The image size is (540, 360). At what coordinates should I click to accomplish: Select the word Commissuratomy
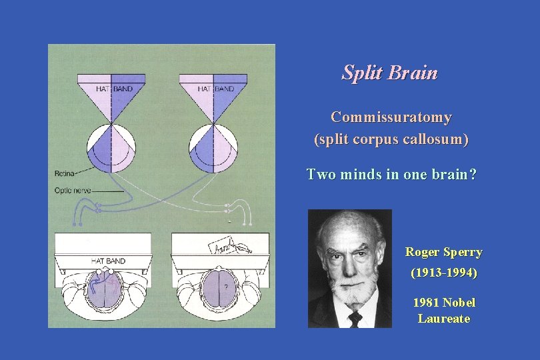click(x=391, y=117)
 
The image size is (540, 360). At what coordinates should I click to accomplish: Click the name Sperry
click(x=463, y=253)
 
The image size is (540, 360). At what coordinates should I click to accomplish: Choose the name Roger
click(x=423, y=253)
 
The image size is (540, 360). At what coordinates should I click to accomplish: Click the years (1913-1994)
click(x=444, y=273)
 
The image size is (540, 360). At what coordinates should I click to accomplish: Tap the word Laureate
click(x=444, y=319)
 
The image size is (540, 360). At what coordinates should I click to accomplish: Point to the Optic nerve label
click(x=73, y=191)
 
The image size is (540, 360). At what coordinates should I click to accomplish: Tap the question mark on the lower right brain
click(x=227, y=287)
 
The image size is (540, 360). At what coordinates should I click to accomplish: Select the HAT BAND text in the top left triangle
click(x=113, y=89)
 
